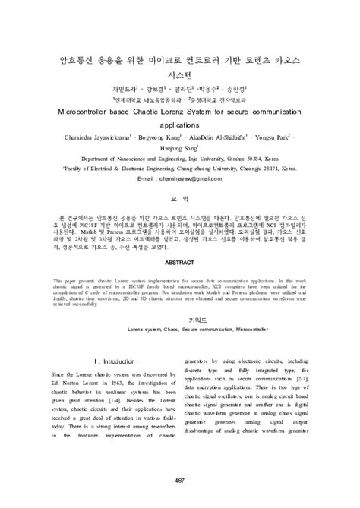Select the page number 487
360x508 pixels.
(x=180, y=480)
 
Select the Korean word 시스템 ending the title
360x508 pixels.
(x=180, y=76)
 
